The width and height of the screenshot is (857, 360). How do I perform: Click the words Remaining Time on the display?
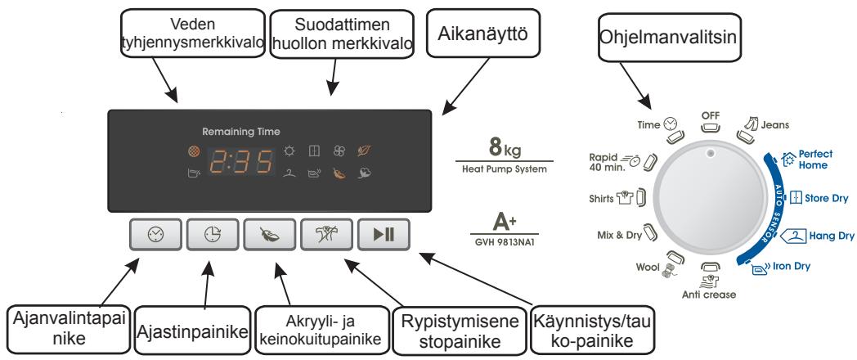241,131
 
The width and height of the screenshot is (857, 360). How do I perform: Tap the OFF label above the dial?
710,117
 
